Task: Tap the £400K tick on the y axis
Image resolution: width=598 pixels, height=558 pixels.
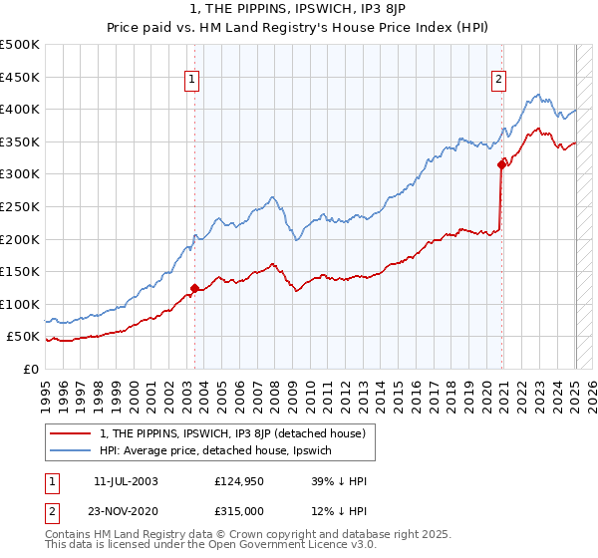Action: tap(19, 109)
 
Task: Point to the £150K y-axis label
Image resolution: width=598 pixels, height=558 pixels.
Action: tap(19, 271)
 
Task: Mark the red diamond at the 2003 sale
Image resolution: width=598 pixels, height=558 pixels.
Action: tap(194, 288)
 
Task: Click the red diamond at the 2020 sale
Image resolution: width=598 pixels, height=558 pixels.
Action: tap(501, 165)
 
